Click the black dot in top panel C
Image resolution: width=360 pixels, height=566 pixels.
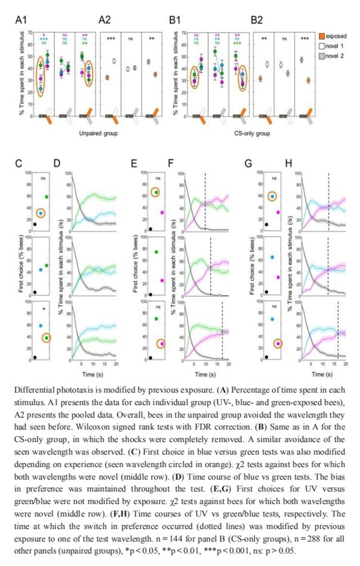pos(35,224)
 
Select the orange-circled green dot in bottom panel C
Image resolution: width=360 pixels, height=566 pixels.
pos(46,338)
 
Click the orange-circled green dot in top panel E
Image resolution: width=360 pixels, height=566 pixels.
pos(156,192)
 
